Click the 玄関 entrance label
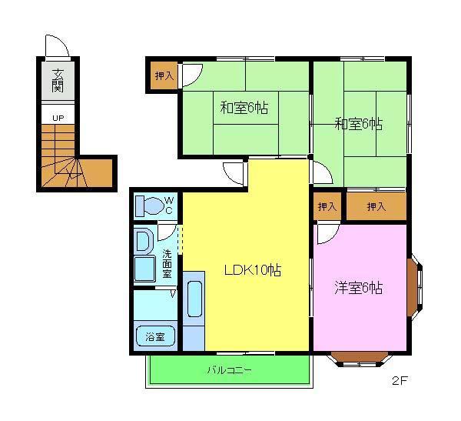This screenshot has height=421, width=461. tap(58, 81)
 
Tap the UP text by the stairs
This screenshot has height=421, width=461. tap(58, 118)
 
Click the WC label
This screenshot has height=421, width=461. tap(170, 205)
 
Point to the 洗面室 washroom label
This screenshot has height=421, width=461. tap(167, 263)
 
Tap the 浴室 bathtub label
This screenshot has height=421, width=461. tap(156, 336)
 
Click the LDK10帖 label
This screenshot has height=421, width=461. tap(251, 270)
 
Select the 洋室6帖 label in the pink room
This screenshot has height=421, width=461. tap(358, 289)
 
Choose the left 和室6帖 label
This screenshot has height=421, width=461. tap(244, 109)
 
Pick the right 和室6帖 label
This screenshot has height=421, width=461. tap(359, 123)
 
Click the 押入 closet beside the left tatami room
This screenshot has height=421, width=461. tap(164, 75)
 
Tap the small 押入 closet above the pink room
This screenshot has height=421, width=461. tap(327, 206)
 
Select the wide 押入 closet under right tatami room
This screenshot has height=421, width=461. tap(376, 206)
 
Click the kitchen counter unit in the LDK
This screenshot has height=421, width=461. tap(194, 309)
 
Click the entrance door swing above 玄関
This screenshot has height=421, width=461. tap(58, 46)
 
